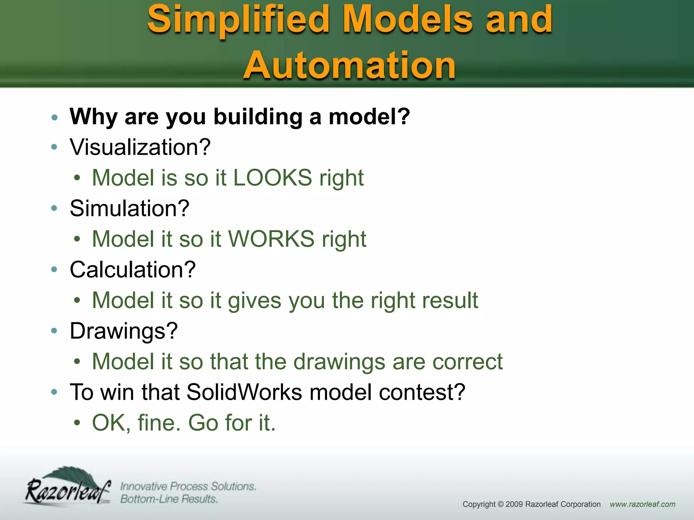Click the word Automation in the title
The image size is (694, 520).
click(x=349, y=65)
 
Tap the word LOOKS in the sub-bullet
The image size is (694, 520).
click(x=272, y=178)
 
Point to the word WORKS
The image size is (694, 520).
click(x=271, y=239)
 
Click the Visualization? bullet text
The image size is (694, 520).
click(x=140, y=147)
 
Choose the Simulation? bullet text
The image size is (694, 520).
click(x=129, y=208)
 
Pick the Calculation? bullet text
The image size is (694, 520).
click(x=132, y=270)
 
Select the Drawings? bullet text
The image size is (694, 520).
click(x=124, y=331)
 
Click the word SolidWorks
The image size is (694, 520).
click(x=244, y=392)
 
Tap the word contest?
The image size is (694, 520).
click(x=422, y=392)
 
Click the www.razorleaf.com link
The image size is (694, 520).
click(x=642, y=504)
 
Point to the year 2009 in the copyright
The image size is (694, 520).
click(x=514, y=504)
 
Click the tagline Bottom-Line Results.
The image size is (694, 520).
click(x=169, y=499)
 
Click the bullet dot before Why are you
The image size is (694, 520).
click(x=54, y=117)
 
